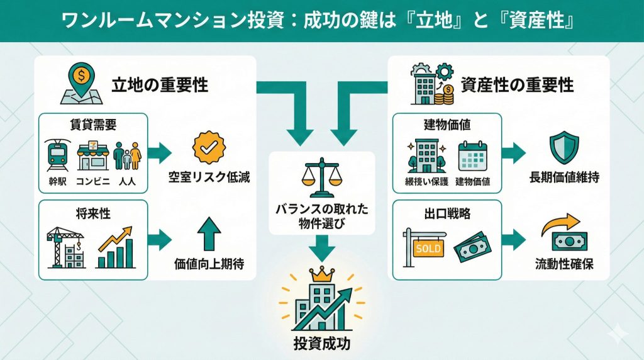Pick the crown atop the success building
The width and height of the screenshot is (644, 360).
tap(322, 275)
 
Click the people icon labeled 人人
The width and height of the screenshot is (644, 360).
tap(127, 154)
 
